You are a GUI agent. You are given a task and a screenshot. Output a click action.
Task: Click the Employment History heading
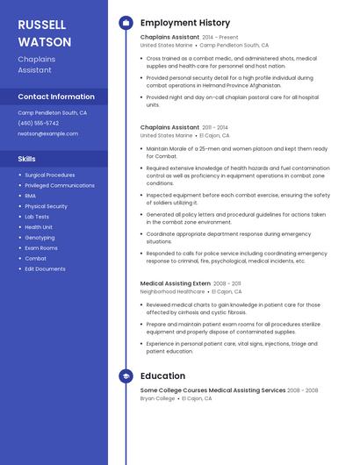coord(185,23)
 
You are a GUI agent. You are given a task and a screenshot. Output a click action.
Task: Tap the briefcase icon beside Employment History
coord(126,23)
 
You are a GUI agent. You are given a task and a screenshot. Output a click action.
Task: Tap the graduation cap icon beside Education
coord(126,376)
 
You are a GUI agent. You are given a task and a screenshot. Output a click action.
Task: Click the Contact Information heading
coord(56,97)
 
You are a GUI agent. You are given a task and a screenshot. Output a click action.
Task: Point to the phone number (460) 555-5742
coord(38,123)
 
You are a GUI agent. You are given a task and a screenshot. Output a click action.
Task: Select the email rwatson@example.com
coord(47,133)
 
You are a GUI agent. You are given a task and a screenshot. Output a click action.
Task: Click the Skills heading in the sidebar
coord(27,159)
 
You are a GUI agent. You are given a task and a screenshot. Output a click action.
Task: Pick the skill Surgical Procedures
coord(50,175)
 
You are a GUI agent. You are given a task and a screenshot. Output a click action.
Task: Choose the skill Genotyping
coord(40,237)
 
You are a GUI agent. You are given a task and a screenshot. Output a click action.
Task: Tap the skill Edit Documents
coord(45,268)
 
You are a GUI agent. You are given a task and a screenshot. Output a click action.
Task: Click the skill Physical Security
coord(47,206)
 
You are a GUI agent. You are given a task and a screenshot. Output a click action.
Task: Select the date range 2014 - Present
coord(220,38)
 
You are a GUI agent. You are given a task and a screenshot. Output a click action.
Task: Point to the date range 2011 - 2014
coord(215,127)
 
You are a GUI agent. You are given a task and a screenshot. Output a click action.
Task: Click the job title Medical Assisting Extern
coord(175,283)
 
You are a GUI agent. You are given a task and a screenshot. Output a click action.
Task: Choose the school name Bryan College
coord(158,398)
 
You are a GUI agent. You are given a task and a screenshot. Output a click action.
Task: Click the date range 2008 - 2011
coord(227,283)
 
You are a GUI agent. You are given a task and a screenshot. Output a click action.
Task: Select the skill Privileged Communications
coord(60,185)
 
